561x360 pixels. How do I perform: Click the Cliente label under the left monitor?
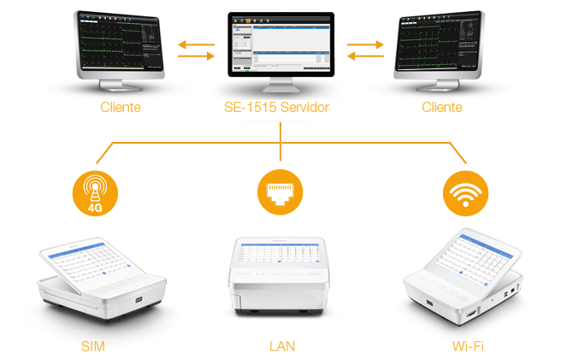[120, 108]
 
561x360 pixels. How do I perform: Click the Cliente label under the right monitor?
[442, 108]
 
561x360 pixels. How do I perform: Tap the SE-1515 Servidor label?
[280, 108]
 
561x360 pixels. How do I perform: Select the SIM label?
[92, 345]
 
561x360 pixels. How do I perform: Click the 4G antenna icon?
[92, 192]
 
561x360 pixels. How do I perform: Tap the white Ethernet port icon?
[280, 194]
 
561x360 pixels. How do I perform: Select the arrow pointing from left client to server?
[196, 56]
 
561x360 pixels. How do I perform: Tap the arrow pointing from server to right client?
[365, 56]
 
